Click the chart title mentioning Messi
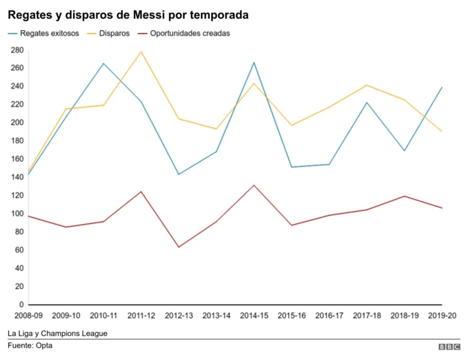point(128,15)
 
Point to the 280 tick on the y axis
point(17,50)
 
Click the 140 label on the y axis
point(17,177)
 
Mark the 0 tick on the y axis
point(20,304)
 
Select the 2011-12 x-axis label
point(141,315)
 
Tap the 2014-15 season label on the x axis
point(254,315)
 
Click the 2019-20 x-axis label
point(442,315)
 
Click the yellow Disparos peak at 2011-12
point(141,51)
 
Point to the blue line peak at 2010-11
point(103,64)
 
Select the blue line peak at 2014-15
point(254,62)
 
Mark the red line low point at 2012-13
point(178,247)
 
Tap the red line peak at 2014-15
point(254,185)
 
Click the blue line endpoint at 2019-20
point(442,87)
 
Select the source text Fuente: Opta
point(30,346)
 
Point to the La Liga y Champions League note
point(58,333)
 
